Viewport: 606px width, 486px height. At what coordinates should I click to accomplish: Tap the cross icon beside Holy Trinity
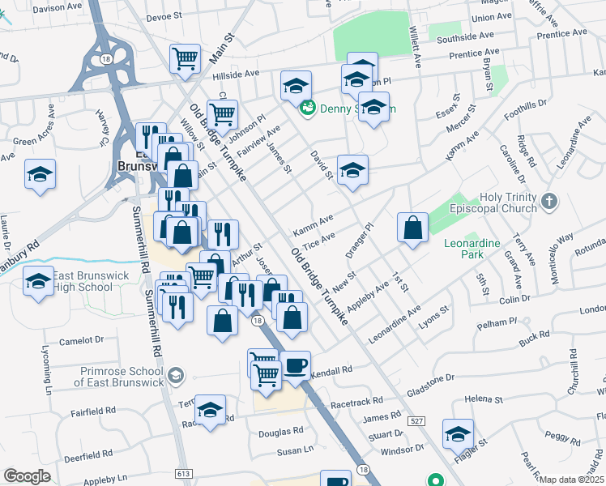(548, 200)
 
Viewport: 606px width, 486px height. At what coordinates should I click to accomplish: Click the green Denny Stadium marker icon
(307, 108)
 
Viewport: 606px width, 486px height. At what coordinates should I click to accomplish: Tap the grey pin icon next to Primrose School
(176, 375)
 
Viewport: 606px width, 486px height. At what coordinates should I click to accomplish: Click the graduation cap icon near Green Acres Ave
(39, 176)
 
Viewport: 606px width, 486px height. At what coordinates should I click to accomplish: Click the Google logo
(27, 475)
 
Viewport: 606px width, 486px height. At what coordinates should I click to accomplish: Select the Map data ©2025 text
(571, 480)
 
